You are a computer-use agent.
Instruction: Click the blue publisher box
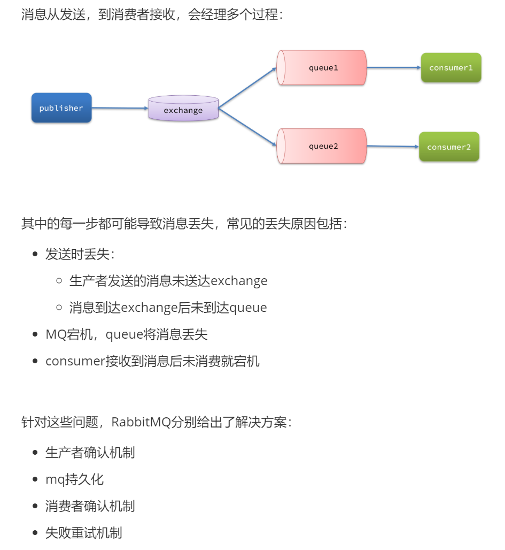pos(61,108)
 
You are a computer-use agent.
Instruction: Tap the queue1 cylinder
pos(322,68)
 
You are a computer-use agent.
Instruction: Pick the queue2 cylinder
pos(322,146)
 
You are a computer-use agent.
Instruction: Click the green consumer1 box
pos(451,68)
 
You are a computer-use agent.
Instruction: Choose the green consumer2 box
pos(449,147)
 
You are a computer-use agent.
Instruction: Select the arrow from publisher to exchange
pos(120,108)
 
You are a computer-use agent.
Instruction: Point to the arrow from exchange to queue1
pos(247,88)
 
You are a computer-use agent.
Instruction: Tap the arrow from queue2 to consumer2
pos(393,146)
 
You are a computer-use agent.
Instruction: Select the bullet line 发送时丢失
pos(80,254)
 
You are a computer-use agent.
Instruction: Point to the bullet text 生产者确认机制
pos(90,453)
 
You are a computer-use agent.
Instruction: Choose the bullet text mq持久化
pos(74,479)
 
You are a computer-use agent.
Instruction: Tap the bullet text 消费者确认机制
pos(90,506)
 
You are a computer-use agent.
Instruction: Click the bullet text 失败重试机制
pos(83,533)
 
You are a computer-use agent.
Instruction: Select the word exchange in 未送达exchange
pos(239,281)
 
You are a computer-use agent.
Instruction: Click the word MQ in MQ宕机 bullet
pos(56,335)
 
